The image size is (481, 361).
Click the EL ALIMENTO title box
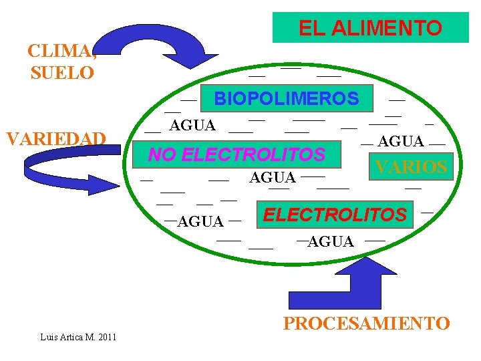(370, 28)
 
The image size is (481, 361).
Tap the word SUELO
(62, 73)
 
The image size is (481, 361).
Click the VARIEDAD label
(55, 138)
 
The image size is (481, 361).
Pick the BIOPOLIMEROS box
(286, 99)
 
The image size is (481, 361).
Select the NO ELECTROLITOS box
(236, 155)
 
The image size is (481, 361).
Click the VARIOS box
(411, 167)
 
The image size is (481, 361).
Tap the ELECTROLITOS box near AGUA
(335, 215)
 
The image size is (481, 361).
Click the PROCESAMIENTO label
(366, 324)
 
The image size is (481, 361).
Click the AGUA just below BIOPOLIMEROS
(192, 125)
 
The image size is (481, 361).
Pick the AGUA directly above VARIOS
(401, 141)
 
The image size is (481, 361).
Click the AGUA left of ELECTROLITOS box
(200, 221)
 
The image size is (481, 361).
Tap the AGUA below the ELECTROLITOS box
(331, 242)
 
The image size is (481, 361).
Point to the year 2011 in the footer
(106, 336)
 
